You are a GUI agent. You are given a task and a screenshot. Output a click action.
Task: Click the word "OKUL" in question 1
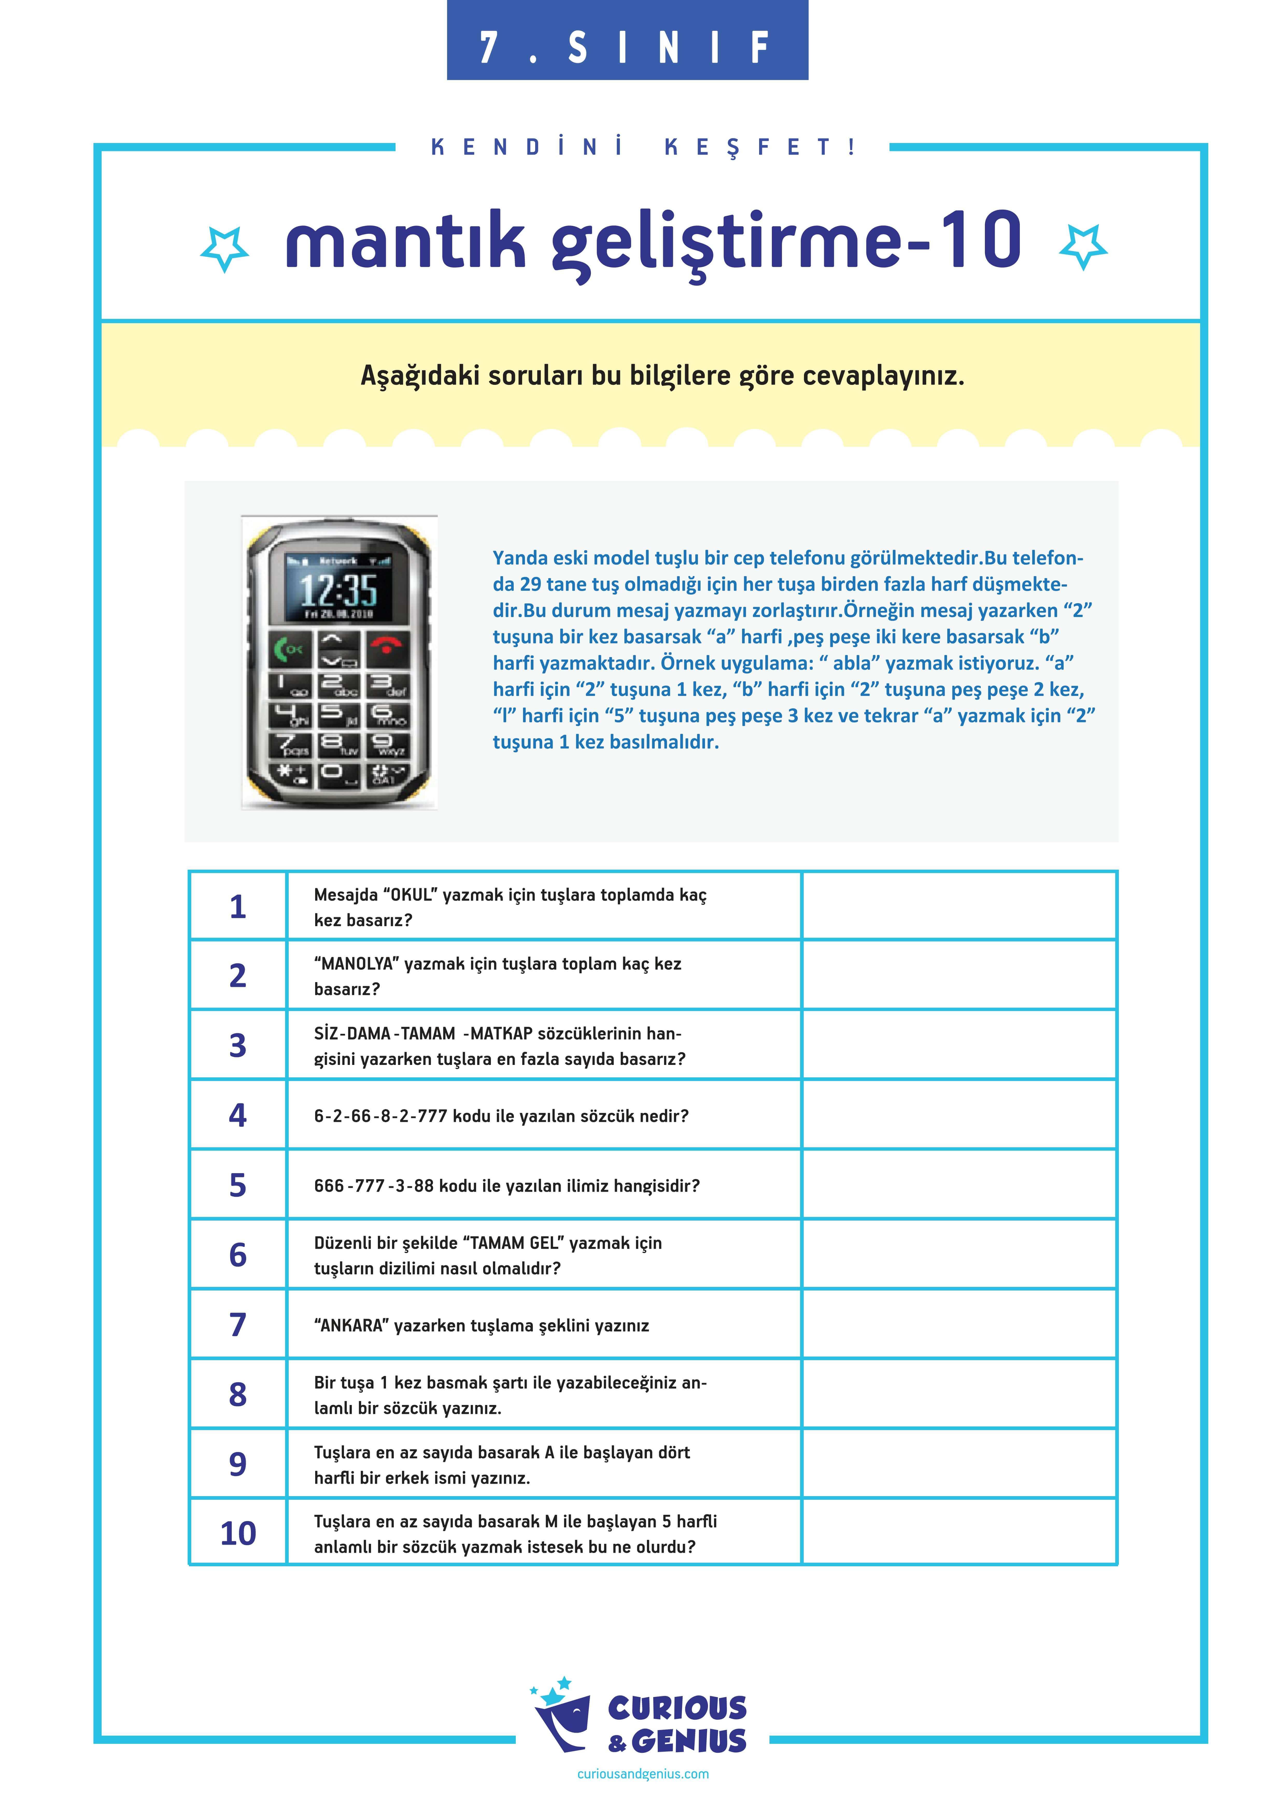pyautogui.click(x=409, y=895)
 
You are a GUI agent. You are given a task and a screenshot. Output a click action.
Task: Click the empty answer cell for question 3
pyautogui.click(x=959, y=1045)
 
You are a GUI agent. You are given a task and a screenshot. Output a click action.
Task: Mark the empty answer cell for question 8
pyautogui.click(x=959, y=1394)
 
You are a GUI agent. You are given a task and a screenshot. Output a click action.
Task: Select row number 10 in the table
pyautogui.click(x=237, y=1534)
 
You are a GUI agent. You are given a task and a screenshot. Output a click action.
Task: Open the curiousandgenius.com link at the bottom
pyautogui.click(x=643, y=1773)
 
